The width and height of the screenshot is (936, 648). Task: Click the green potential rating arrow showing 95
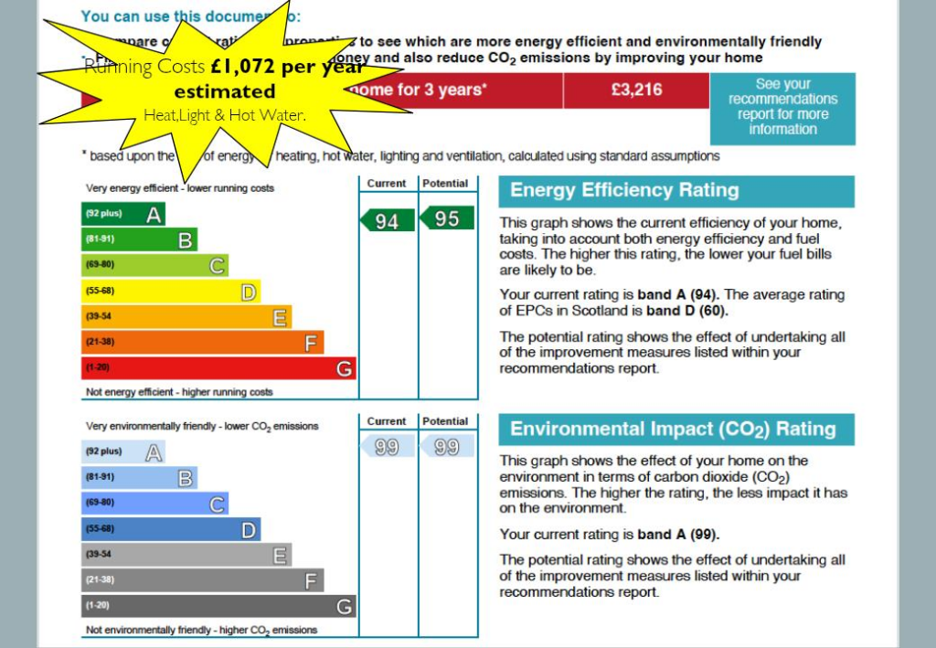[446, 218]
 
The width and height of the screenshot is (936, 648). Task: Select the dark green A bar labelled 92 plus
[122, 215]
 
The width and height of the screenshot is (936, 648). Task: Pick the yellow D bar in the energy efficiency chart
[170, 292]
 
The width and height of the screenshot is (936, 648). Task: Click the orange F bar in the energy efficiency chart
[202, 343]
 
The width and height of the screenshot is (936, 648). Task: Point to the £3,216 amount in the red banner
[636, 90]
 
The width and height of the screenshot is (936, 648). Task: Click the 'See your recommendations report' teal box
[782, 107]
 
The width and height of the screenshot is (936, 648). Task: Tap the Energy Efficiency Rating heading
[623, 191]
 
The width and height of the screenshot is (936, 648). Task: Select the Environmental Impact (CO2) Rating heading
[673, 430]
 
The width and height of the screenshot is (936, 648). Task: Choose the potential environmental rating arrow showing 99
[446, 447]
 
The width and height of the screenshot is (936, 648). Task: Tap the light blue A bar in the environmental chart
[122, 451]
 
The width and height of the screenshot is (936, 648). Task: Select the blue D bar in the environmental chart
[170, 529]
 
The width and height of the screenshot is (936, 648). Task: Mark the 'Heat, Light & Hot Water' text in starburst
[224, 115]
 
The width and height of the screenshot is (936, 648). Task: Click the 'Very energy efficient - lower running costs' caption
[179, 188]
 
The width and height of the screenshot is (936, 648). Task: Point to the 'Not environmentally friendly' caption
[201, 630]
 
